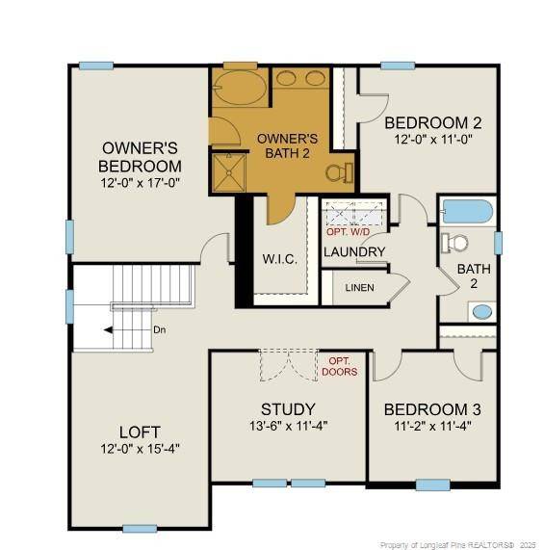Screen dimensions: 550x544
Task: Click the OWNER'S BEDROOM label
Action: pos(141,157)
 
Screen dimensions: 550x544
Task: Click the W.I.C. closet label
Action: pos(279,259)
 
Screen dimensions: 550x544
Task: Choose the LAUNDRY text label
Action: pos(354,252)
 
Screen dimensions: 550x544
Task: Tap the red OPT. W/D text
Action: pos(346,232)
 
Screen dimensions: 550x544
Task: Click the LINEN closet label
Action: pos(360,287)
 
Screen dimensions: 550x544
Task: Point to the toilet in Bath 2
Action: pos(454,243)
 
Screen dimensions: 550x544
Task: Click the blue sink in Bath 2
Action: pos(481,311)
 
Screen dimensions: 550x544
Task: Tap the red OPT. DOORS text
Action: pos(341,366)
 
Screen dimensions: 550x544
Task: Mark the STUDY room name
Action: pos(289,408)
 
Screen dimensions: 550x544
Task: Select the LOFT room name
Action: pos(140,431)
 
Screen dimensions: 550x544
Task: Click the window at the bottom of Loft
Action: pos(140,528)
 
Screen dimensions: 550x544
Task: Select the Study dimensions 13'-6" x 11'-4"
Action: pos(289,425)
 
